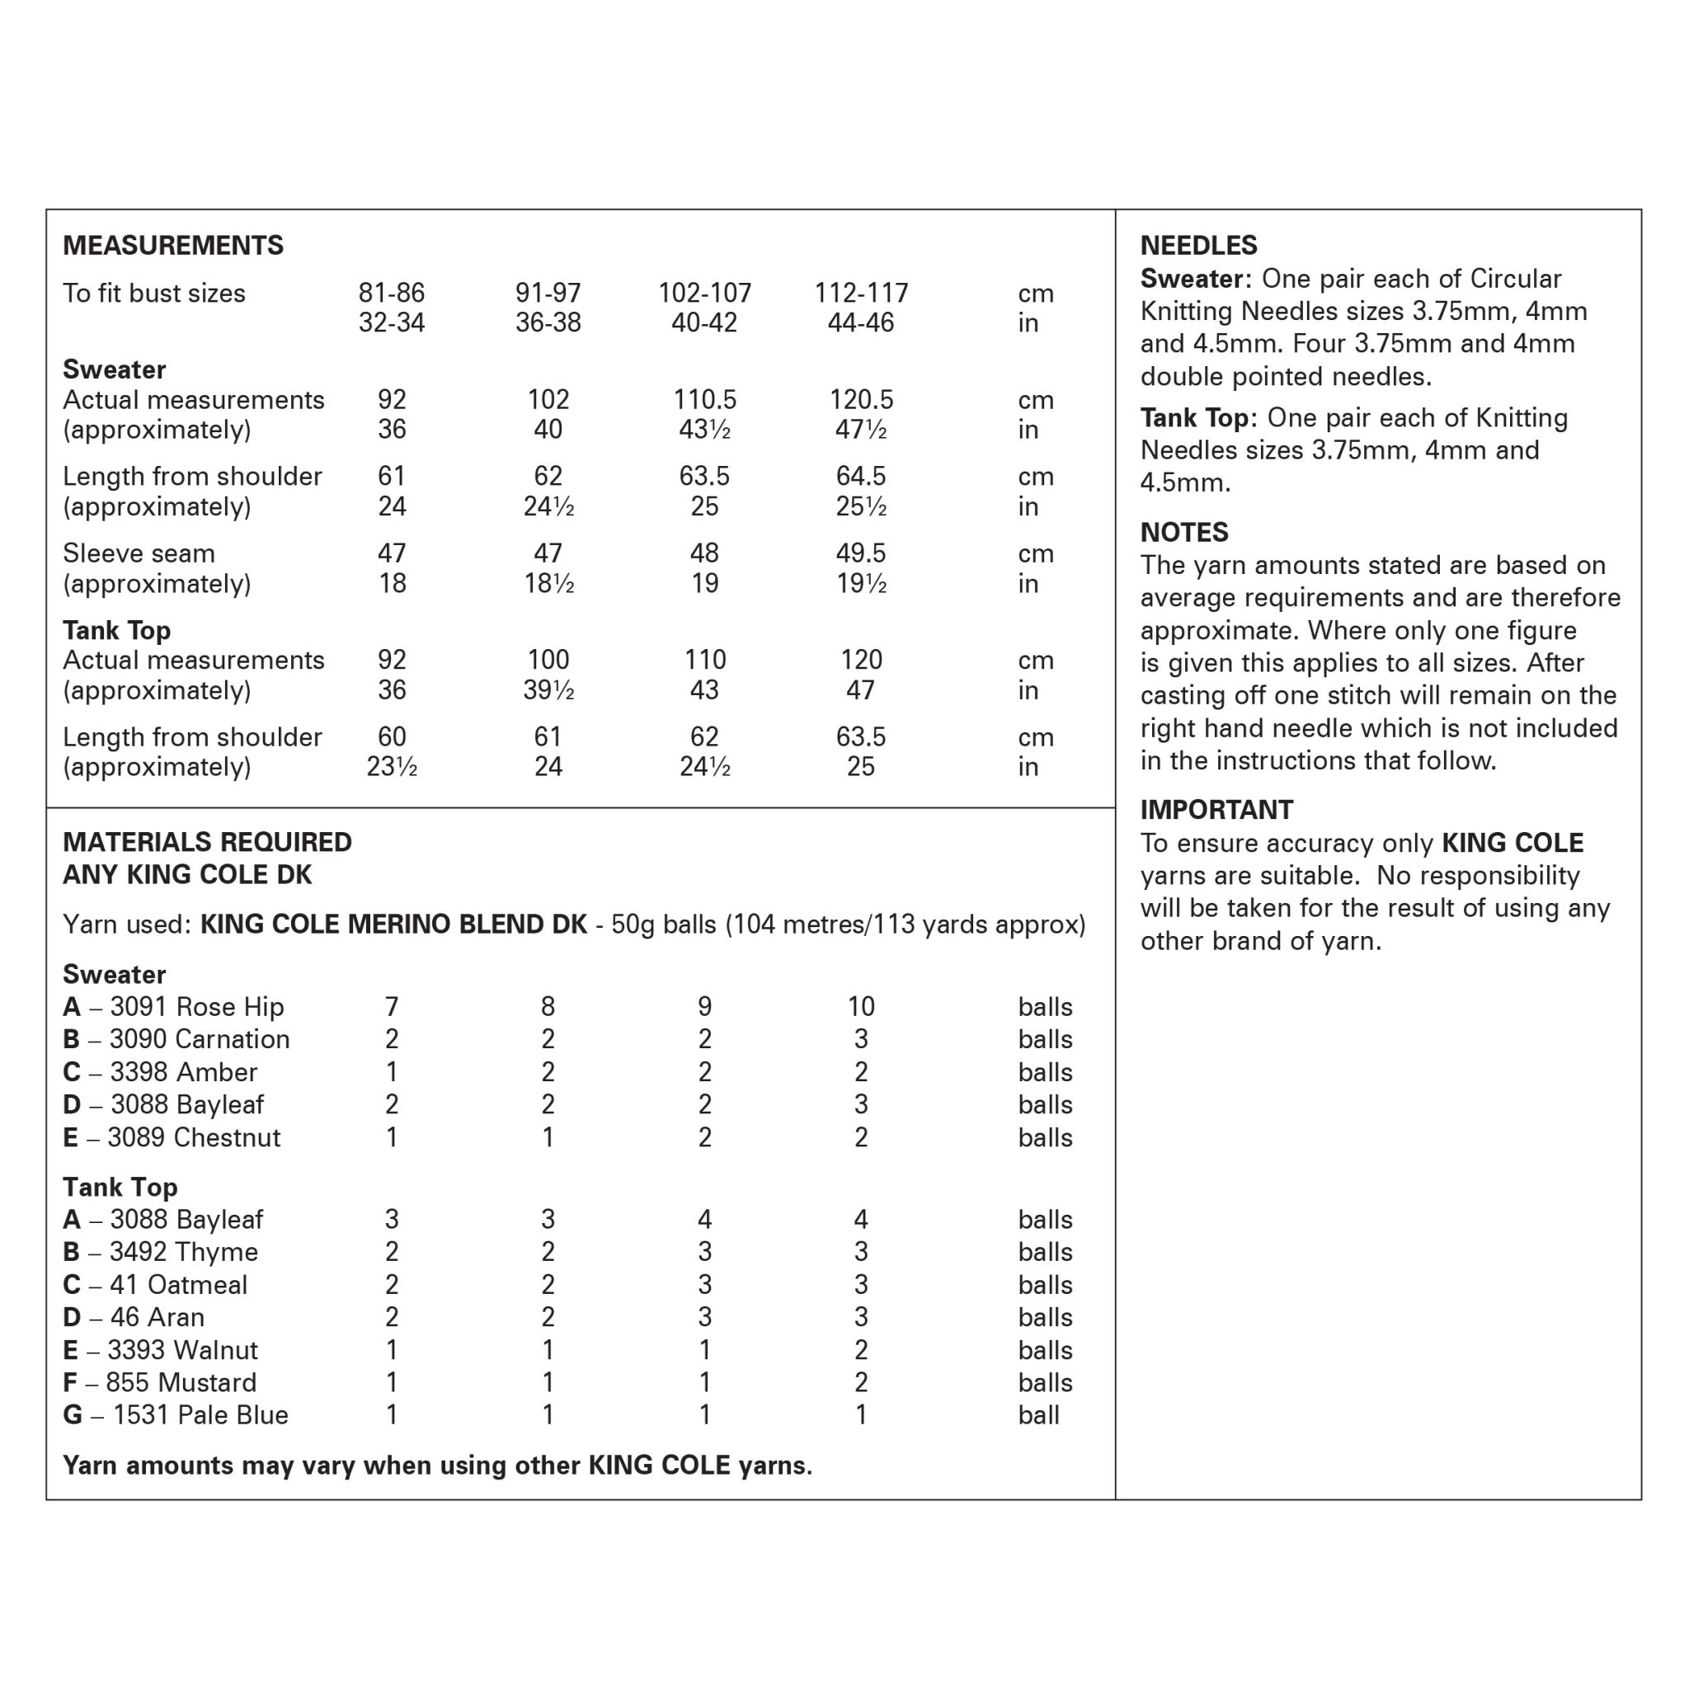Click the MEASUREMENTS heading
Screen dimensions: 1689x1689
pos(173,246)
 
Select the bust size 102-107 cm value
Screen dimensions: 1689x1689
pos(704,293)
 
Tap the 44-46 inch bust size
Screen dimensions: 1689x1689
pos(861,322)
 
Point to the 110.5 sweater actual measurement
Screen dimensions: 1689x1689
pos(704,399)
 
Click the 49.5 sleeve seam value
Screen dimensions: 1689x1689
pos(861,553)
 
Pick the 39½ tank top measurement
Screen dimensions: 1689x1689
pos(548,689)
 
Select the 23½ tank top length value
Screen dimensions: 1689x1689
pos(392,767)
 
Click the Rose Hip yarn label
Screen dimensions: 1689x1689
pos(173,1007)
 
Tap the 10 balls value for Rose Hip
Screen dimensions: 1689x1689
pos(861,1007)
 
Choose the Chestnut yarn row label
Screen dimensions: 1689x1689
pos(172,1137)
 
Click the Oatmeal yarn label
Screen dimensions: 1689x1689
pos(155,1284)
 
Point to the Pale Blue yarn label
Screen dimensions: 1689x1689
pos(176,1414)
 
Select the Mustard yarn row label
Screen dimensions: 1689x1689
pos(160,1382)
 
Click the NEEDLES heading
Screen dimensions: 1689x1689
pos(1198,246)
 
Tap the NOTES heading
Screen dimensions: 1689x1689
pos(1184,533)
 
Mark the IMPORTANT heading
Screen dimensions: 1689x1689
pos(1217,810)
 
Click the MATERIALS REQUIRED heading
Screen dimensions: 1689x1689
pos(207,842)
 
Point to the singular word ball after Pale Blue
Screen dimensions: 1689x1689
pos(1038,1414)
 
